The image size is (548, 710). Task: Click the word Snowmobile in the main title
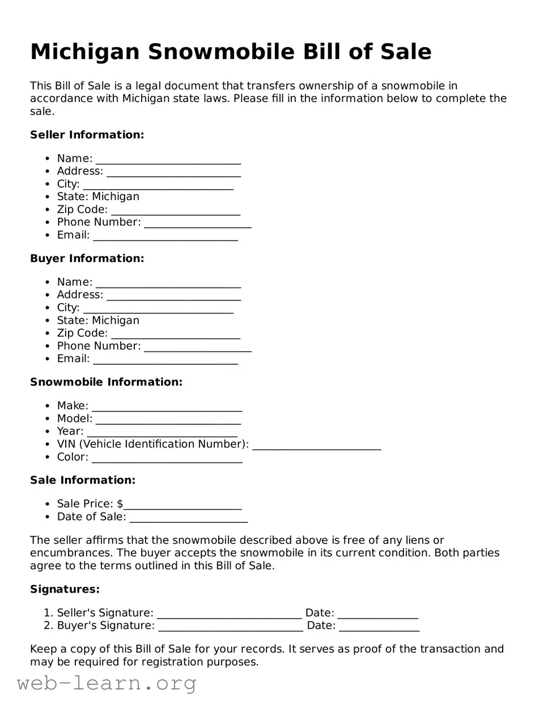(x=221, y=52)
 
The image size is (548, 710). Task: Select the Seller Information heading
(x=87, y=135)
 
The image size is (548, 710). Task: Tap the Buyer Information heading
(x=87, y=259)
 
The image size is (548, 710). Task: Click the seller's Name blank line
(x=168, y=159)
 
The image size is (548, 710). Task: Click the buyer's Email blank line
(x=165, y=360)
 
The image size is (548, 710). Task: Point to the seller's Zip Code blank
(x=175, y=210)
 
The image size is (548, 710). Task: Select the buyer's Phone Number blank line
(x=197, y=347)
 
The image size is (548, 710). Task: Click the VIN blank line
(x=316, y=445)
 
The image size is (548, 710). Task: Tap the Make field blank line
(x=167, y=407)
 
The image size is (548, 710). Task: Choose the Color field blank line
(x=167, y=458)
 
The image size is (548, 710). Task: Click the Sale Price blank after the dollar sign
(x=182, y=505)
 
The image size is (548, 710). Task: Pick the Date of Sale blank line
(x=188, y=518)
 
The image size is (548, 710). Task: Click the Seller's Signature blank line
(x=229, y=614)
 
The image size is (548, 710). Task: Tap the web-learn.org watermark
(x=107, y=683)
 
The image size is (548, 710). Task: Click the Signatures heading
(x=65, y=590)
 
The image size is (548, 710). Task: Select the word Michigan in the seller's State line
(x=115, y=197)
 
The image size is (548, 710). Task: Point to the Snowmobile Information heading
(x=106, y=382)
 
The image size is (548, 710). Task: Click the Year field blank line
(x=162, y=432)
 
